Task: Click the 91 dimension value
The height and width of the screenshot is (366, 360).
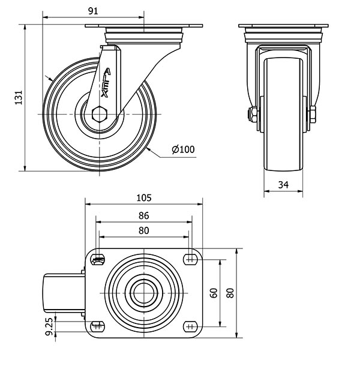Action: pos(93,11)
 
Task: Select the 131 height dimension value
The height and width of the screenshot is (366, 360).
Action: pos(19,98)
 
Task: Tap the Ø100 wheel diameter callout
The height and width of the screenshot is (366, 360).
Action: pos(183,149)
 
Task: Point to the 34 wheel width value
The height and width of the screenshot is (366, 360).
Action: pos(283,185)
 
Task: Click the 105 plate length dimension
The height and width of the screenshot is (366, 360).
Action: pos(144,198)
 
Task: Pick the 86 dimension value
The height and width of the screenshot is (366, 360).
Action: pos(143,215)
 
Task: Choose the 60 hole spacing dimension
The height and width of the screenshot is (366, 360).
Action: pos(214,293)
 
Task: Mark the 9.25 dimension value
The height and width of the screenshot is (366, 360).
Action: pos(49,327)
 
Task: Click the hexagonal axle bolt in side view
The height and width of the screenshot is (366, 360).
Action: pos(100,114)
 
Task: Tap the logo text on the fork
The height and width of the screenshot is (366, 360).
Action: pos(106,83)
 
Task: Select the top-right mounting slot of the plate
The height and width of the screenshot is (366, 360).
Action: pos(191,259)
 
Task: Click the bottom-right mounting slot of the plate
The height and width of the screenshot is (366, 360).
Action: pos(191,326)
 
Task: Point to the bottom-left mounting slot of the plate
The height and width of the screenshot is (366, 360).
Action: pos(97,326)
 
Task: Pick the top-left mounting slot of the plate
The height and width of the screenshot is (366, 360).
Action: pos(98,259)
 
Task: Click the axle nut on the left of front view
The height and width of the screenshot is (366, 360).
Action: pos(253,115)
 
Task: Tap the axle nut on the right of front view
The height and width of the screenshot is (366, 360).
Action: pos(313,115)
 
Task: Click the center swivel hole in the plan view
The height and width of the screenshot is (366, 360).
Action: pos(144,293)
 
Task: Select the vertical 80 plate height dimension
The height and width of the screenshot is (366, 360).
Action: pos(230,293)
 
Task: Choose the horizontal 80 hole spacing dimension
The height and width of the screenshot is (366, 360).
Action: pos(143,230)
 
